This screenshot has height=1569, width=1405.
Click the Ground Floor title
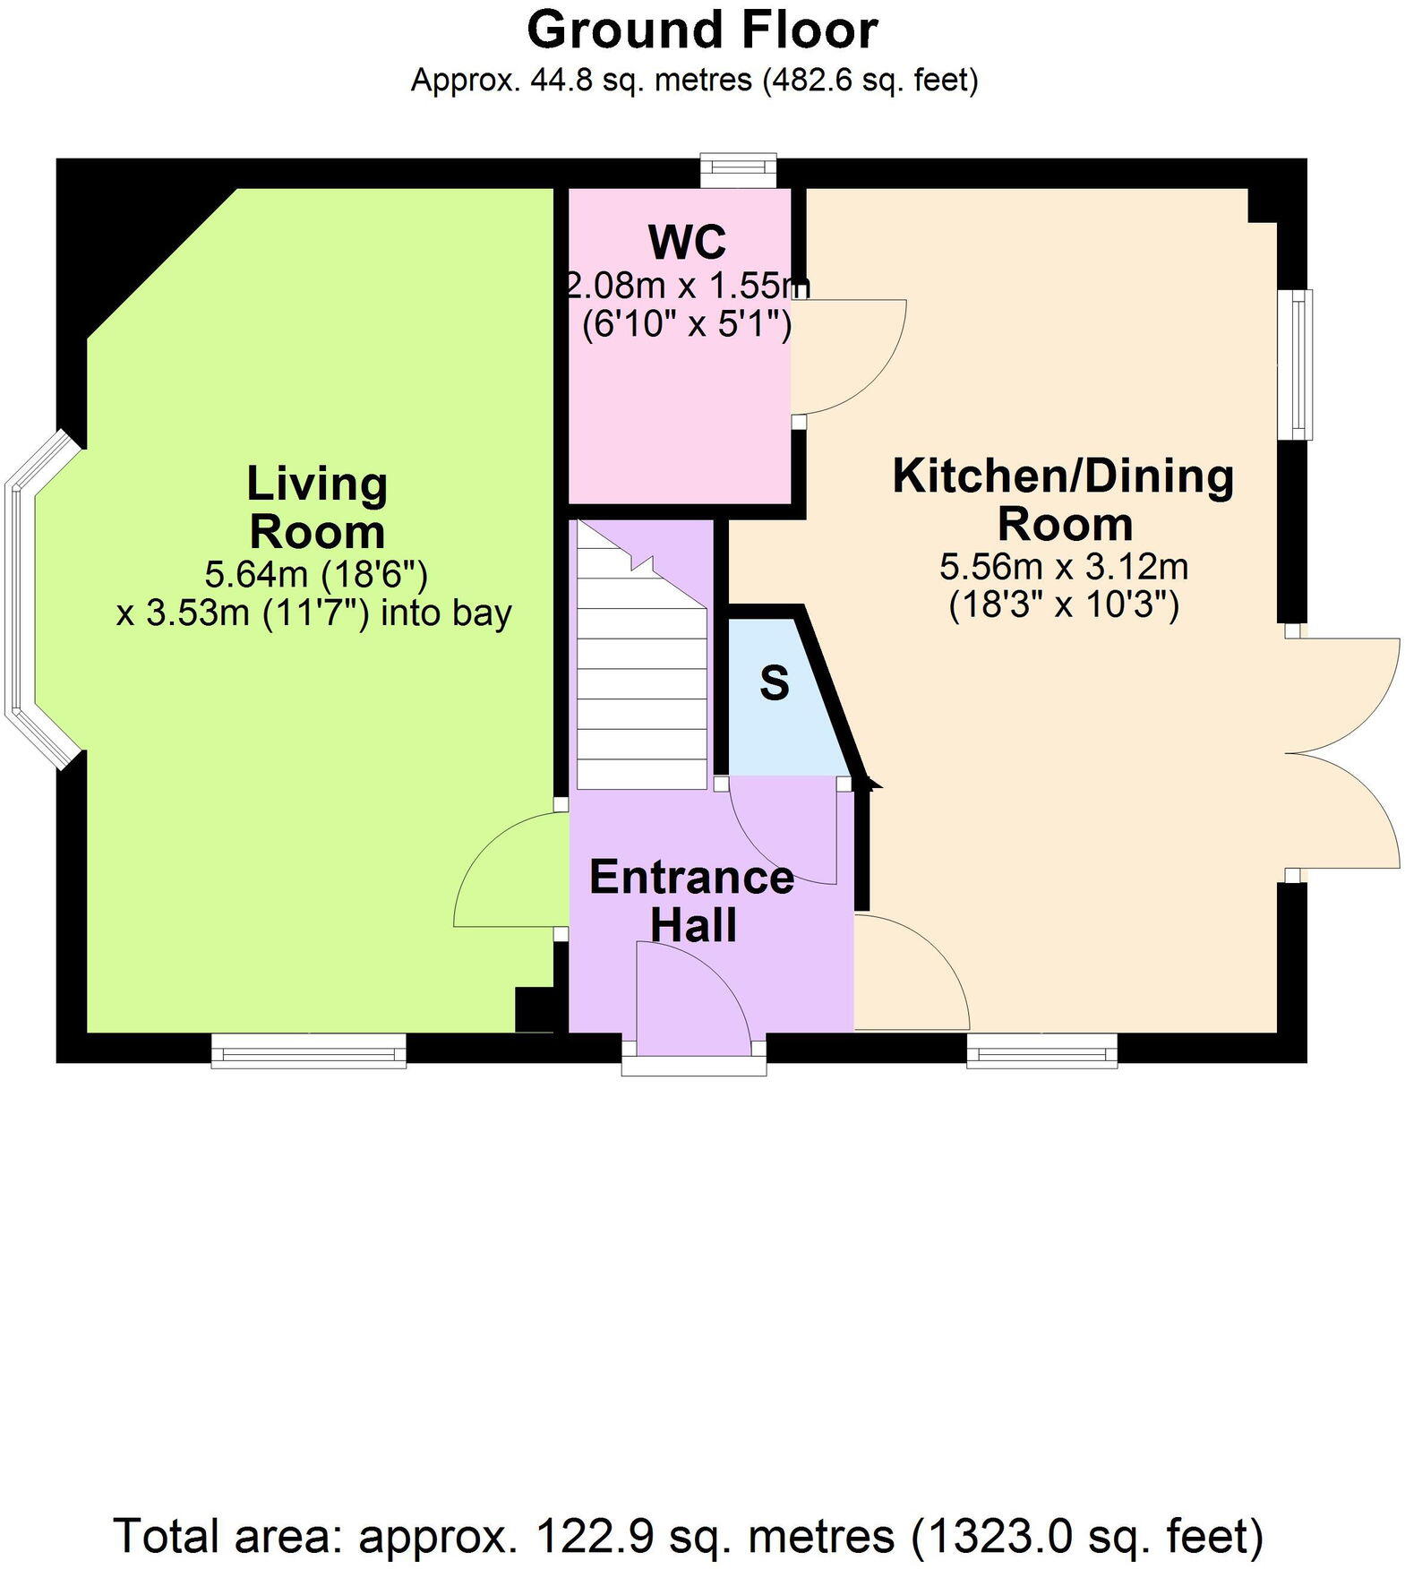click(x=702, y=30)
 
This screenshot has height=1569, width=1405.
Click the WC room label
click(x=687, y=242)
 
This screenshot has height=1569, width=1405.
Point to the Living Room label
click(x=317, y=508)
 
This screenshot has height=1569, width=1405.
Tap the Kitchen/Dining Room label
click(x=1064, y=499)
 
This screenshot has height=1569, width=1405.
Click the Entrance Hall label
click(x=691, y=901)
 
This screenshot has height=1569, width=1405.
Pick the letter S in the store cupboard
click(x=775, y=683)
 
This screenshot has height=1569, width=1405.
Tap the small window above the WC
click(x=738, y=170)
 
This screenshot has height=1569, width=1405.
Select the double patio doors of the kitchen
click(x=1343, y=752)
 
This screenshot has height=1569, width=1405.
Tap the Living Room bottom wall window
click(x=309, y=1050)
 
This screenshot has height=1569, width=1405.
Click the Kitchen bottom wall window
click(x=1042, y=1050)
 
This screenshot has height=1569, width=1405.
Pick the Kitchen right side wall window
click(x=1295, y=364)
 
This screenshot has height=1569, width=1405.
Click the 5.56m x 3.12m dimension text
click(x=1064, y=567)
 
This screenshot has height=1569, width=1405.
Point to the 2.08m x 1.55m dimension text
click(x=688, y=287)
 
